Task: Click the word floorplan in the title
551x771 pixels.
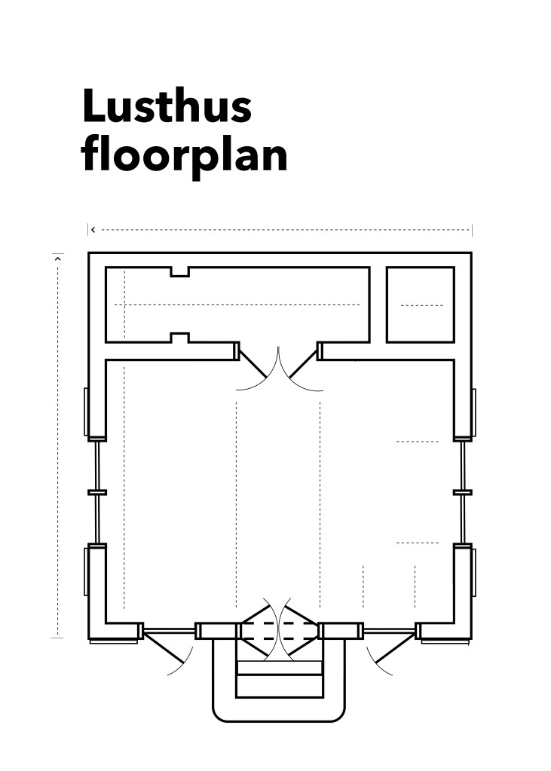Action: click(185, 155)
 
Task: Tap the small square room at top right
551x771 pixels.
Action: click(421, 305)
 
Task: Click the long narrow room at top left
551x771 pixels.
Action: click(237, 305)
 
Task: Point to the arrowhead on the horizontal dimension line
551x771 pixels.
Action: click(93, 230)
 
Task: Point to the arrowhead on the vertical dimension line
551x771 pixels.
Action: click(57, 257)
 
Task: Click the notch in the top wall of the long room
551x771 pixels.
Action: click(180, 272)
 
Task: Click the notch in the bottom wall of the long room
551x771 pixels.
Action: click(180, 338)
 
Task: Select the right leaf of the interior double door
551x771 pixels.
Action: click(303, 361)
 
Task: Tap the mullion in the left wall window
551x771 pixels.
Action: click(97, 492)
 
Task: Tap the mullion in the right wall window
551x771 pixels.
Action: click(463, 492)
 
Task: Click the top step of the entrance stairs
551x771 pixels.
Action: click(280, 668)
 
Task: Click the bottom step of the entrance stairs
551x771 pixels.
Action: click(280, 687)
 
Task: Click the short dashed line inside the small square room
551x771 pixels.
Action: click(421, 305)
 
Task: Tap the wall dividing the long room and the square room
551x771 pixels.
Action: click(378, 305)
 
